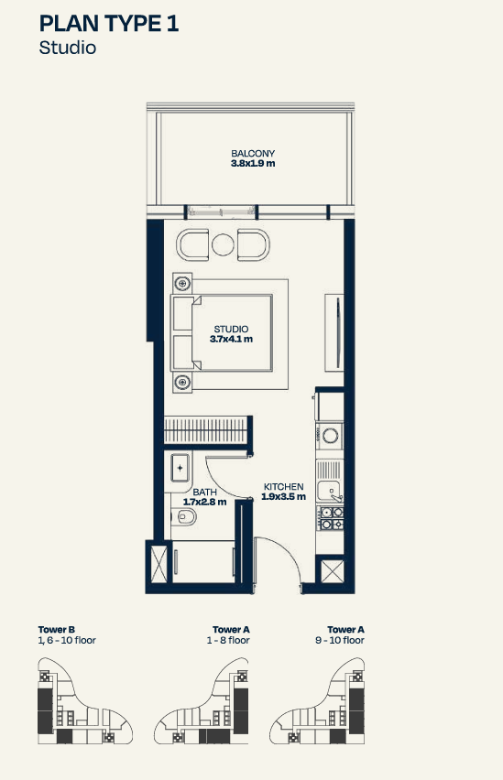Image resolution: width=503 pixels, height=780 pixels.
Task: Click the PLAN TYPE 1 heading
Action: (x=108, y=24)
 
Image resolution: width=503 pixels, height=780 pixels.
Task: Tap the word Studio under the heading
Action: (x=67, y=48)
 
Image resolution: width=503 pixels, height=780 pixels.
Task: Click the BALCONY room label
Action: (x=253, y=153)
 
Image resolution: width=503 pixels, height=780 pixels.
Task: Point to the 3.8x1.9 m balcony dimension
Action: (x=253, y=163)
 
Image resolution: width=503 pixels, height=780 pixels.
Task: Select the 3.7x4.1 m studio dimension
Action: (x=231, y=340)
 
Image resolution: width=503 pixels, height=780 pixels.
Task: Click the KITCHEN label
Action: (x=283, y=486)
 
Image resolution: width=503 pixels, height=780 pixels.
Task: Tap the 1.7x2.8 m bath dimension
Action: (x=204, y=502)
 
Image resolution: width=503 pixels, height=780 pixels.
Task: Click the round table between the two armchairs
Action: (x=223, y=244)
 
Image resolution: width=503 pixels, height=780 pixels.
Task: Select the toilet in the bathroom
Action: (x=183, y=517)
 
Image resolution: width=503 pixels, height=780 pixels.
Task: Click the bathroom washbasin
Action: (x=180, y=468)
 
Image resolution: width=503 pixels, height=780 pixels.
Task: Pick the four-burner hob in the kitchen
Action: (x=331, y=518)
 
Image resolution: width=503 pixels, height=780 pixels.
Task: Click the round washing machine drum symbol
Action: (x=330, y=436)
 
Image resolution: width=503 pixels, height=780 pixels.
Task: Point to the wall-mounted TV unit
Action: (x=334, y=333)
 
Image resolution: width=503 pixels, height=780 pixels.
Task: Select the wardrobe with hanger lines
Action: (x=206, y=429)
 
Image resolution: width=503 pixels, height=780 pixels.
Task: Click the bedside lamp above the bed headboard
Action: (x=182, y=283)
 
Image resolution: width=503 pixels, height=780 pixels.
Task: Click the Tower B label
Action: (x=56, y=629)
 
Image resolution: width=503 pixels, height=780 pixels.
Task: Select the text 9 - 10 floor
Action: (x=340, y=640)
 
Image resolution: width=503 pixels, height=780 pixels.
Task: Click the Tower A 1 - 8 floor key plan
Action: (x=202, y=701)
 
